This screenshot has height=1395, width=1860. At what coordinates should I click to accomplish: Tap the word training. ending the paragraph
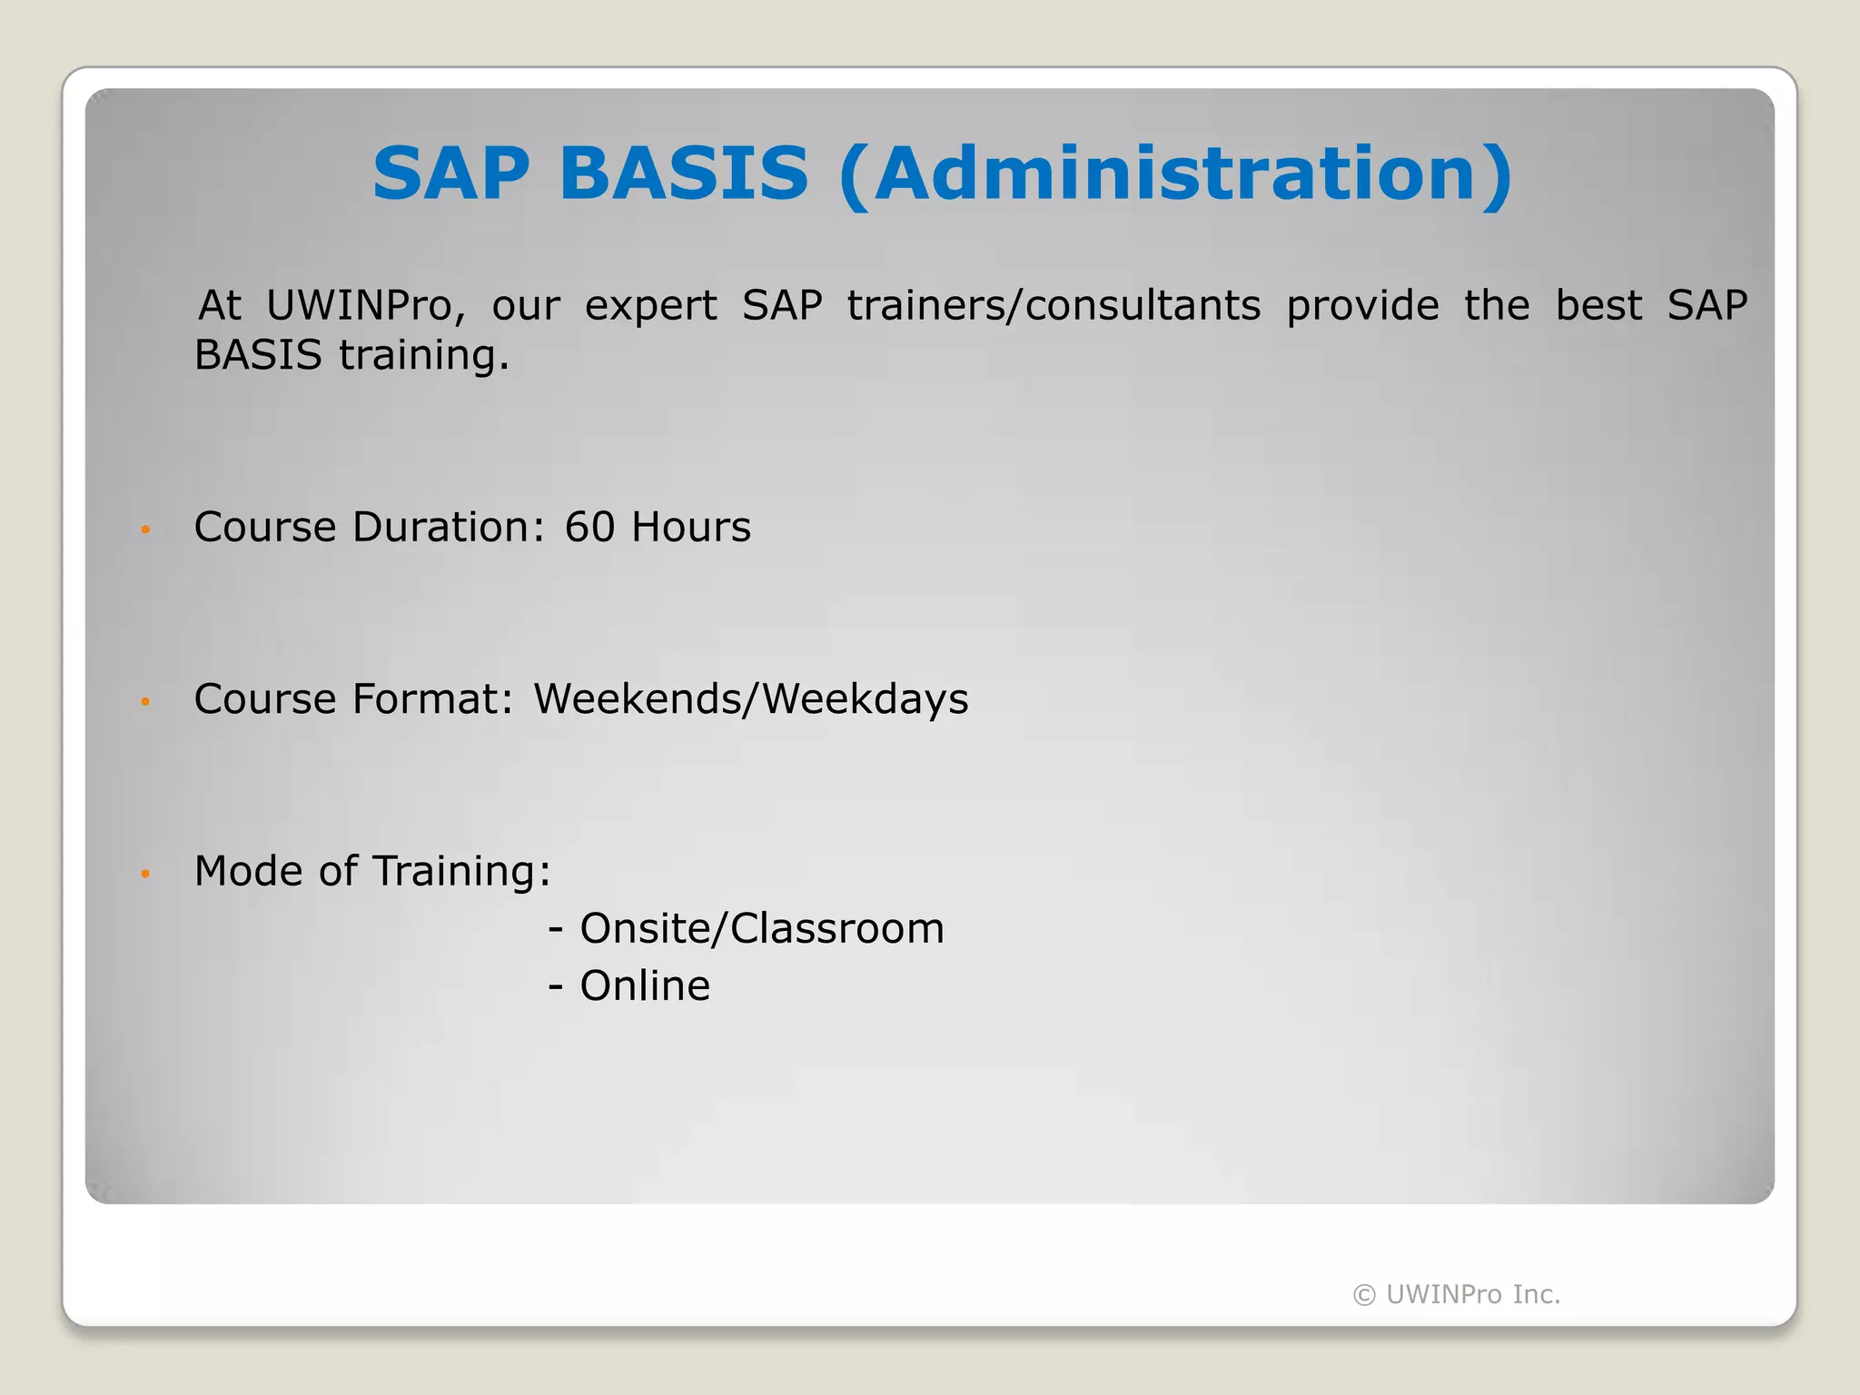click(423, 356)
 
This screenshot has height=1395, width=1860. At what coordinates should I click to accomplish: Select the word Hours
click(691, 528)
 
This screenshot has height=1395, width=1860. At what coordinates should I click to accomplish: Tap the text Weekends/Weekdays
click(751, 699)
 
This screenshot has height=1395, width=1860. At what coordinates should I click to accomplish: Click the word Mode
click(248, 871)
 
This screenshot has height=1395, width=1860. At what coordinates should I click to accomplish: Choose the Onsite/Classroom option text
click(761, 929)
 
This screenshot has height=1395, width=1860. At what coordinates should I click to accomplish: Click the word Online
click(645, 986)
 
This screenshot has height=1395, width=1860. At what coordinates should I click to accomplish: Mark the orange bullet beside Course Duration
click(145, 529)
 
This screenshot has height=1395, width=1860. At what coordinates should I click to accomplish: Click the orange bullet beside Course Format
click(145, 701)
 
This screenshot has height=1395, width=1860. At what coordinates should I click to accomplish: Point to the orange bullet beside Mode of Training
click(145, 874)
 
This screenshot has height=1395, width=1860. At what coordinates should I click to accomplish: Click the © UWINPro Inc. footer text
click(1457, 1294)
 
